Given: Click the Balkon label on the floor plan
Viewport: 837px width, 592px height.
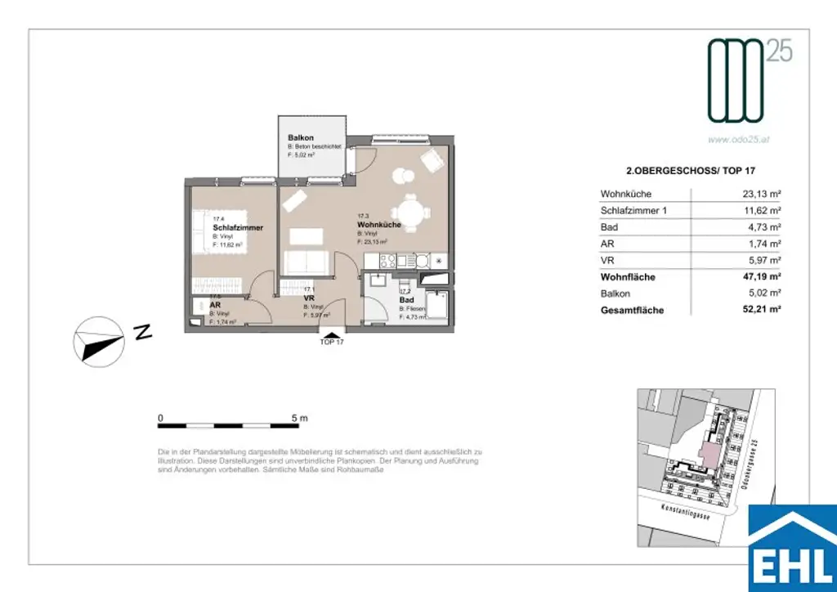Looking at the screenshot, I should click(x=301, y=137).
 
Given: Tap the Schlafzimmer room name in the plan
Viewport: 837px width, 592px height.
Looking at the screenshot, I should click(x=238, y=227).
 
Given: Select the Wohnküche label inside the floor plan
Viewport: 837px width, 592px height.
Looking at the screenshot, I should click(x=379, y=224).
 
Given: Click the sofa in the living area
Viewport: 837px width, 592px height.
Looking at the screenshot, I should click(x=307, y=263).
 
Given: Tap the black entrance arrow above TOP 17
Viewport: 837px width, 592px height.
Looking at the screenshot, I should click(x=331, y=332).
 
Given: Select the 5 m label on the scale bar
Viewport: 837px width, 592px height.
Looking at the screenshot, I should click(x=299, y=418).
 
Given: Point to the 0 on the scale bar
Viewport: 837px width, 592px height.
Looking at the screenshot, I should click(x=161, y=418).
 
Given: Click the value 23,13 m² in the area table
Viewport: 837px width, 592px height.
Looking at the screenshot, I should click(x=759, y=195).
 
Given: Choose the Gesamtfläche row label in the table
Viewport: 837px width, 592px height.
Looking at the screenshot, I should click(x=632, y=311).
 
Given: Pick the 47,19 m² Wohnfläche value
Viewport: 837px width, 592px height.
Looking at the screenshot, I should click(x=759, y=277).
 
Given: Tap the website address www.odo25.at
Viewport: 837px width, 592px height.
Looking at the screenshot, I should click(x=740, y=139).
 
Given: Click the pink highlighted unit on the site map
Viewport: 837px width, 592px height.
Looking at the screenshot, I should click(x=709, y=449).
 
